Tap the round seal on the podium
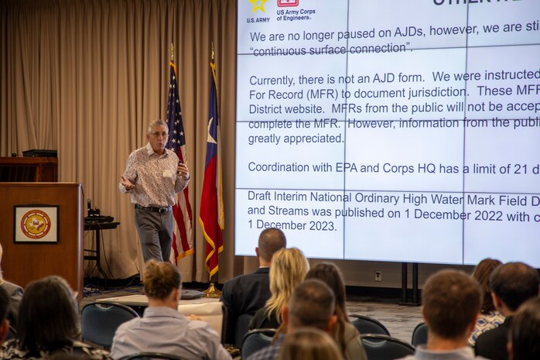[36, 225]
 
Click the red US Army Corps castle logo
[288, 2]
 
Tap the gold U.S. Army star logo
[258, 5]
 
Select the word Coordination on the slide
[283, 166]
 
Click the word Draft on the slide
[261, 196]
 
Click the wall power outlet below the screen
[378, 276]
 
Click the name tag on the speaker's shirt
[167, 173]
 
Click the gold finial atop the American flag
[172, 50]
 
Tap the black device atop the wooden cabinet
[39, 153]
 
